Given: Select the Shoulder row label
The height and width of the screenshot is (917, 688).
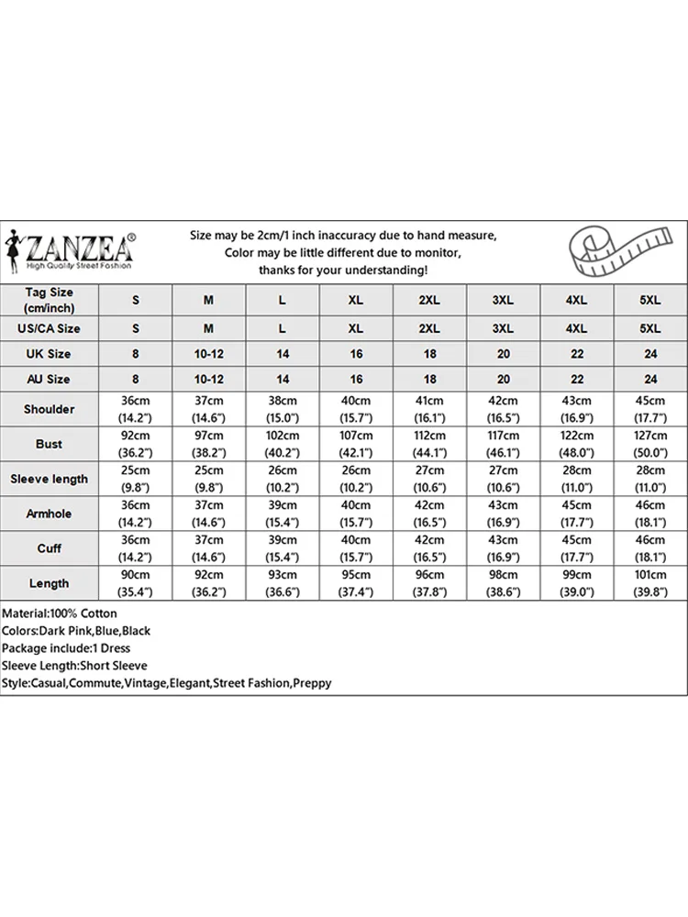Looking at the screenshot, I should tap(50, 409).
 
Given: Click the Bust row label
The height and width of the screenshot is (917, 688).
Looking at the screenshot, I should tap(50, 444).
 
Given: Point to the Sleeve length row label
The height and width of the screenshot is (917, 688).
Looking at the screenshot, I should tap(50, 479).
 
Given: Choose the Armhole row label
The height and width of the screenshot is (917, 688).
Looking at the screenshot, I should tap(50, 514).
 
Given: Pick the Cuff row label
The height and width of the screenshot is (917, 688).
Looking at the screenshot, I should tap(50, 548).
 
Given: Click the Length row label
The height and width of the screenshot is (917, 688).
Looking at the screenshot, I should tap(50, 583).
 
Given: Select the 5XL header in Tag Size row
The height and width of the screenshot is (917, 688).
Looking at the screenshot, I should tap(649, 300).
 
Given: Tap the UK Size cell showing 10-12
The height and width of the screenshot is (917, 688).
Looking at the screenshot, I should tap(209, 353).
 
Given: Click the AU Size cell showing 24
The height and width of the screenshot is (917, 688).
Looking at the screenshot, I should tap(649, 379).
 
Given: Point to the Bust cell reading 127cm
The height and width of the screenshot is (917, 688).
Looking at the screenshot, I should tap(649, 444).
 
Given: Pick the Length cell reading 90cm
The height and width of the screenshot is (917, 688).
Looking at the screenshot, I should tap(136, 583).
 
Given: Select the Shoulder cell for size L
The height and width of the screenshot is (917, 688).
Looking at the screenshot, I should tap(283, 409).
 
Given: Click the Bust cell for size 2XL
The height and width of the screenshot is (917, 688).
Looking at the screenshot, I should tap(429, 444).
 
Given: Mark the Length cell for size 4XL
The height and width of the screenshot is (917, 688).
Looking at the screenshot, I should tap(576, 583).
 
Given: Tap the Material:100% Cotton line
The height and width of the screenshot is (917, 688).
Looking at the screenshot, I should tap(60, 613).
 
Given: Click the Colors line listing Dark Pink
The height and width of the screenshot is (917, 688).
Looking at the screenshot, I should tap(76, 631).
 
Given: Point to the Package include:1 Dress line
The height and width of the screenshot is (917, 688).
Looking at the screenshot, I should tap(67, 648).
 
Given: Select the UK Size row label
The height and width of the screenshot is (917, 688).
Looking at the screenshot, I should tap(50, 353).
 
